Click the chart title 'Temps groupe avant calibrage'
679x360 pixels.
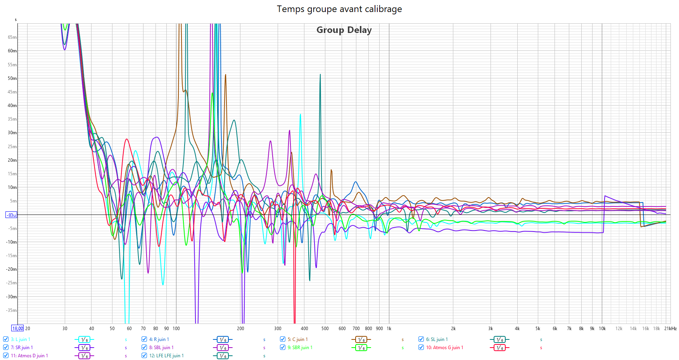339,9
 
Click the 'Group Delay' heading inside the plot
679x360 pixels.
344,30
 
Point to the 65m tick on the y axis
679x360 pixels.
12,37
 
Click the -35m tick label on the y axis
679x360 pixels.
12,310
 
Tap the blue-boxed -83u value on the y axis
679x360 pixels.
11,215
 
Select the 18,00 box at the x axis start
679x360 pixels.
17,328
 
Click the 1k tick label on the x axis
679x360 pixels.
389,329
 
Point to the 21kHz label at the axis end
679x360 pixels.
670,329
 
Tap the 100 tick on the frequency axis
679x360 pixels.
176,329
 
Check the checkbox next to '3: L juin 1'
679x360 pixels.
6,339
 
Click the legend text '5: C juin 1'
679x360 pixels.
297,339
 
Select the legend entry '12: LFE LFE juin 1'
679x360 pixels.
166,356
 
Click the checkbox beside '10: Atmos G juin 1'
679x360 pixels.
421,347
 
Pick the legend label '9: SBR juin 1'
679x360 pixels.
300,348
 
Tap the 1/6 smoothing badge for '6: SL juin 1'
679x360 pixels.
499,339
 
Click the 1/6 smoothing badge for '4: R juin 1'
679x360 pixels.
223,339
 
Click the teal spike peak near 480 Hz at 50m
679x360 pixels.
320,74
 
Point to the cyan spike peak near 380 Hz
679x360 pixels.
300,114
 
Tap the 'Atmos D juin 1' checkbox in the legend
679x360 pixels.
6,355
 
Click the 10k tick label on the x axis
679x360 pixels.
602,329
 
